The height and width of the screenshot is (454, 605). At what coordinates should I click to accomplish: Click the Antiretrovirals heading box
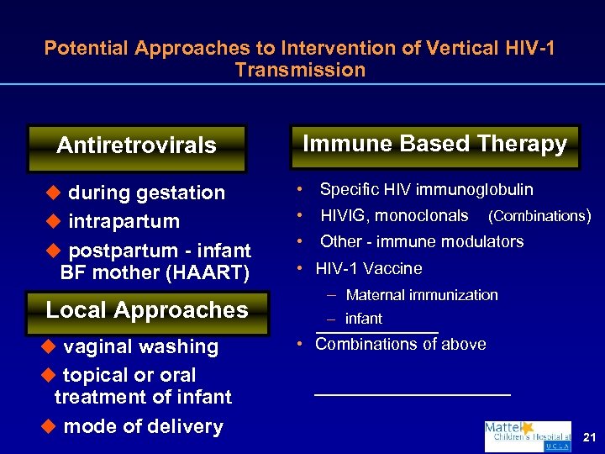pos(136,146)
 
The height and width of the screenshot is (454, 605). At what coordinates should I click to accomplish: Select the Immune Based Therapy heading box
pos(434,144)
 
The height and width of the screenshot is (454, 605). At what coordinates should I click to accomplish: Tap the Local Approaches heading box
pos(146,310)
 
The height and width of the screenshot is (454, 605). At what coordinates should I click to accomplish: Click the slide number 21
pos(588,436)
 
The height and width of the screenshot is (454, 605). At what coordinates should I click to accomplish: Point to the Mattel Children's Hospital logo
pos(527,436)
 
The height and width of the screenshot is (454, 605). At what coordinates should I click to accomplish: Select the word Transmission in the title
pos(300,70)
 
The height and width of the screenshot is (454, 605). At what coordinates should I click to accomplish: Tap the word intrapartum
pos(124,222)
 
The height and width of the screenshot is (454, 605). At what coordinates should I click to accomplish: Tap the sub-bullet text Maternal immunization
pos(422,295)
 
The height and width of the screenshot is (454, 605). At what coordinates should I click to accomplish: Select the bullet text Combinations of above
pos(400,344)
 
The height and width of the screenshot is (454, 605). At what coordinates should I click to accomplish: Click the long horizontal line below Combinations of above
pos(412,393)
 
